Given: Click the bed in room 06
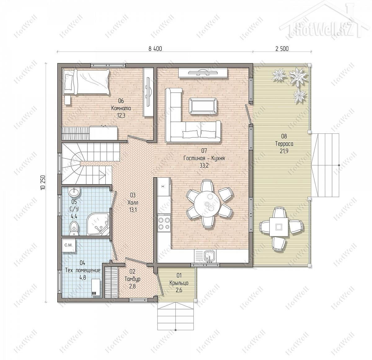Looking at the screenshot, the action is pos(86,82).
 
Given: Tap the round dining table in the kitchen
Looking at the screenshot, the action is pos(207,204).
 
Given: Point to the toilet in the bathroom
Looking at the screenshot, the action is pos(74,228).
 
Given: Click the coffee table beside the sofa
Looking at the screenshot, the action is pos(203,106).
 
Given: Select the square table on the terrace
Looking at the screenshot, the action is pos(279,227).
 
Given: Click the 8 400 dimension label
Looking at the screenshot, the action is pos(155,49).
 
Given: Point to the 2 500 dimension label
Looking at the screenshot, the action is pos(282,49).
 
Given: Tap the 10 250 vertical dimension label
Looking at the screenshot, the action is pos(43,182).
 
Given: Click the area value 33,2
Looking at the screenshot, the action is pos(204,165).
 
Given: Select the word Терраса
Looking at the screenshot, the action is pos(284,144).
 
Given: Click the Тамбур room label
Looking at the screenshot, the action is pos(132,279).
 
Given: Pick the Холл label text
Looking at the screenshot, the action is pos(133,202).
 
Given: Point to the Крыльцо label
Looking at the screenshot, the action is pos(179,283).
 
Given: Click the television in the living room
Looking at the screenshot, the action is pos(203,73).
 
